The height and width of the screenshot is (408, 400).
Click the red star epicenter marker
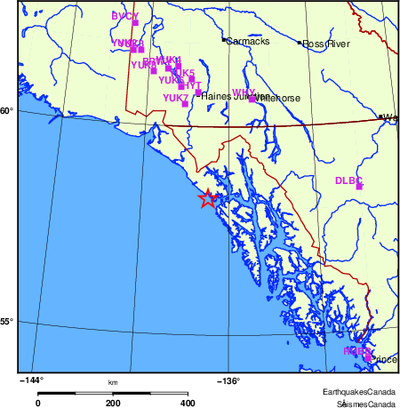[207, 199]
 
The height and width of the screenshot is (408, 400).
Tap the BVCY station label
[124, 16]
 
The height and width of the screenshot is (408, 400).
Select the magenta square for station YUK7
[185, 104]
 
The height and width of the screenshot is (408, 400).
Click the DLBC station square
[359, 187]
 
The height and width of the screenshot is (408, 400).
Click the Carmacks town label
[247, 41]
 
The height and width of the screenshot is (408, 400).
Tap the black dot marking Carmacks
[223, 39]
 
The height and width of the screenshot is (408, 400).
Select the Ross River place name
[326, 44]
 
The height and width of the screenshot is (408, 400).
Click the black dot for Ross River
[299, 42]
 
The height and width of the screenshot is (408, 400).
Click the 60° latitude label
[6, 111]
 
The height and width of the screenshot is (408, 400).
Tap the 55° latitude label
[6, 322]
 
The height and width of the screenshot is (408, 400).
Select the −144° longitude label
[31, 381]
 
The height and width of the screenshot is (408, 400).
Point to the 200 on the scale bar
[114, 403]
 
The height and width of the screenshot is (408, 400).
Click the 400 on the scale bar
[188, 403]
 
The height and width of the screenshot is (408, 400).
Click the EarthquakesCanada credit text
[359, 392]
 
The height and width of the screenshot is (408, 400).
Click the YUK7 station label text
[175, 98]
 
